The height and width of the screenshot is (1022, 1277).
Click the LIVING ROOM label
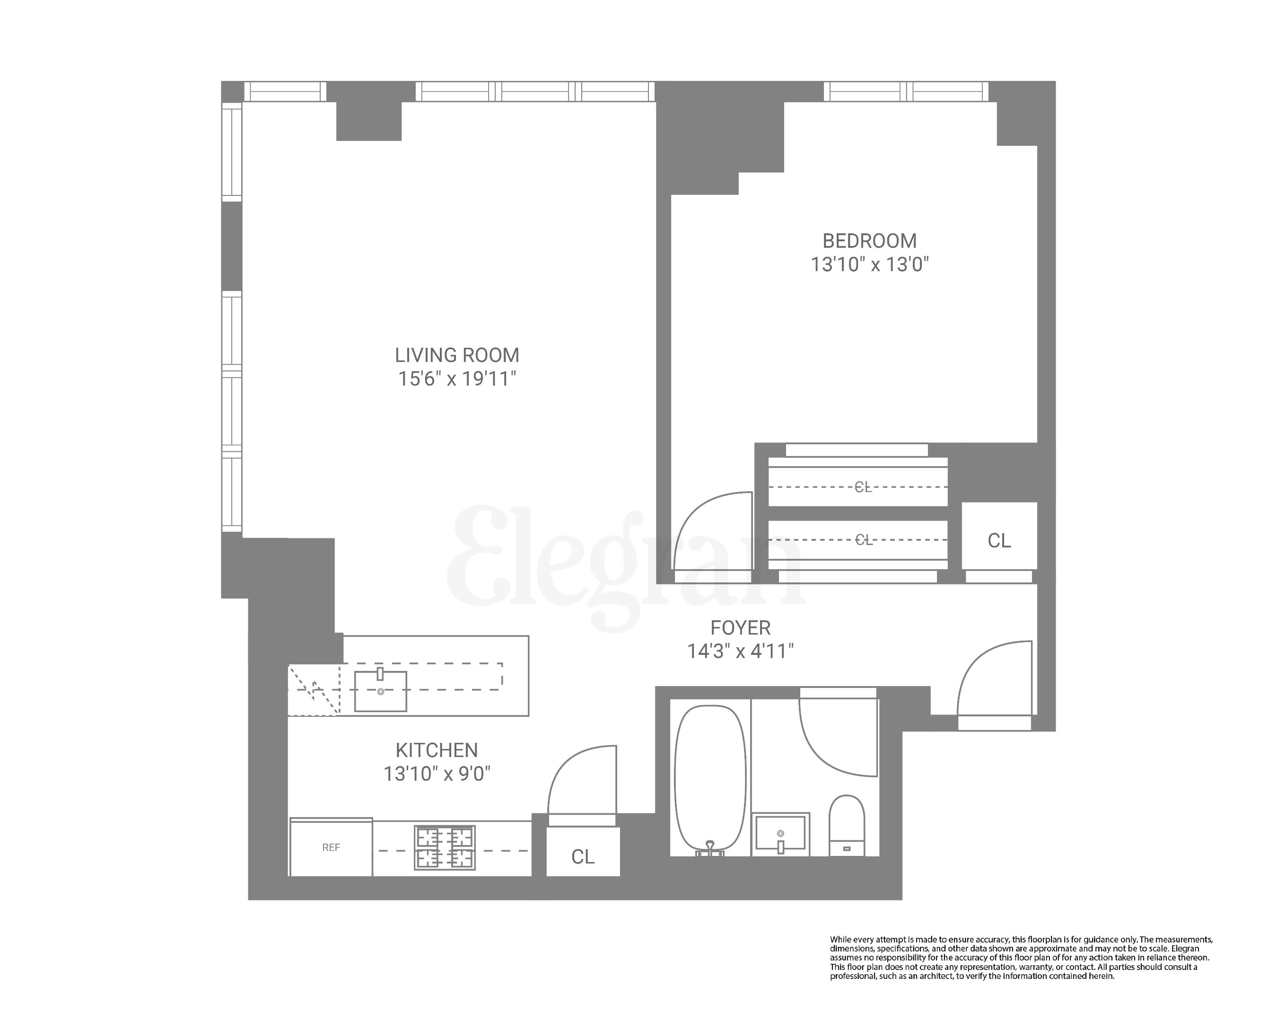(457, 355)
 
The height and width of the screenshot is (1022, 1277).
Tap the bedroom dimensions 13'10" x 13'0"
(869, 264)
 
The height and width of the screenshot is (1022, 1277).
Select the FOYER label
(740, 627)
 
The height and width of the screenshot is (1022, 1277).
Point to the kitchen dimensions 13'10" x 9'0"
(437, 774)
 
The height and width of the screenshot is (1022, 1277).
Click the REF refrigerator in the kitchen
(331, 848)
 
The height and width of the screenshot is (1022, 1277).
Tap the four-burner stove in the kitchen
(444, 848)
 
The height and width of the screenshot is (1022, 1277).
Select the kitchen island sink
(380, 691)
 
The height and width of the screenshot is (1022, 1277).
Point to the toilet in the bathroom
(847, 825)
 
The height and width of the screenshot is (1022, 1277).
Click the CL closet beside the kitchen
(583, 856)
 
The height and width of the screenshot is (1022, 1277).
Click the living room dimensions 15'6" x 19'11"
(457, 379)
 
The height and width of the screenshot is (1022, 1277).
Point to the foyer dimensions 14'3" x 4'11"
(740, 652)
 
